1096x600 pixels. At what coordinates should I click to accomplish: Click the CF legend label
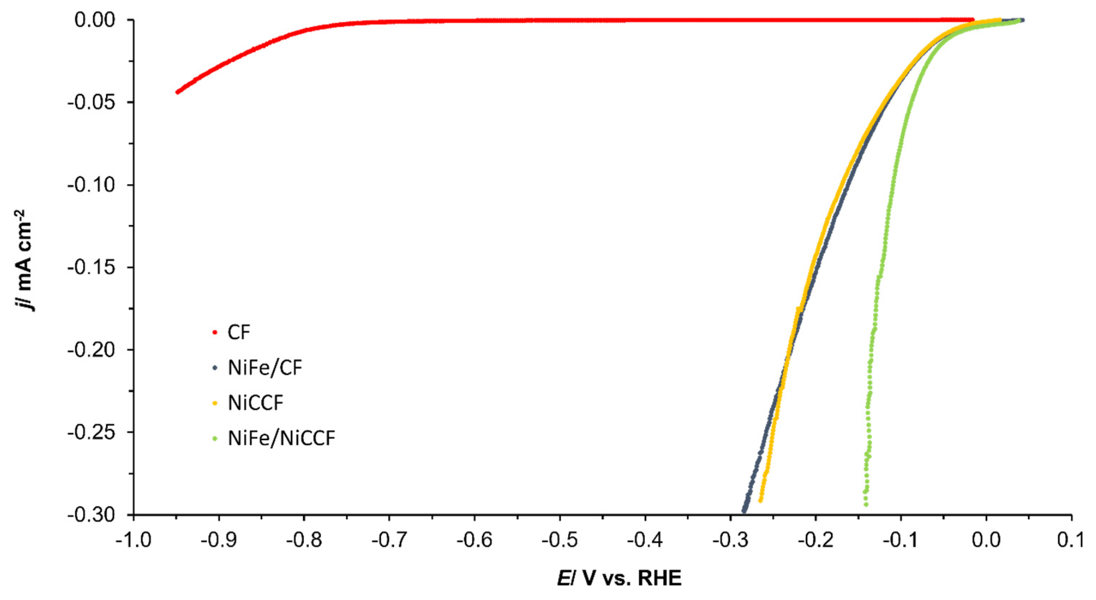[x=239, y=332]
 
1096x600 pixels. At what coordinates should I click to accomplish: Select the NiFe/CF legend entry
[x=265, y=368]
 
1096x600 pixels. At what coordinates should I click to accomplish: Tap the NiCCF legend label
[x=255, y=403]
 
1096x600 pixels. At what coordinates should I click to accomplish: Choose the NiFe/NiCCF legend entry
[x=281, y=438]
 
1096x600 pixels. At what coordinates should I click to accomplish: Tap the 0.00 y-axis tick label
[x=95, y=20]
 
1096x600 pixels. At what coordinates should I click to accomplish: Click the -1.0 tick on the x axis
[x=134, y=541]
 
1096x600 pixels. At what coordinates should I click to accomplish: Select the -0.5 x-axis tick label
[x=560, y=541]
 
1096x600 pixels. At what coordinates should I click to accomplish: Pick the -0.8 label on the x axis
[x=304, y=541]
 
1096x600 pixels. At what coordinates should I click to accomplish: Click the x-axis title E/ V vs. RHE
[x=619, y=578]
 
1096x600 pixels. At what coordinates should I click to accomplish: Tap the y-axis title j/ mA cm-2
[x=25, y=260]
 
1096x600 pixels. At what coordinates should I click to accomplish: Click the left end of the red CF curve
[x=177, y=92]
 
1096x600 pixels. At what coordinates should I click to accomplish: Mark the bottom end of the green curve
[x=866, y=505]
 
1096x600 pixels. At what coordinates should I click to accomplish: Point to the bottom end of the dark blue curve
[x=744, y=511]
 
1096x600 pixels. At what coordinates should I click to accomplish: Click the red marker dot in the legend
[x=215, y=332]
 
